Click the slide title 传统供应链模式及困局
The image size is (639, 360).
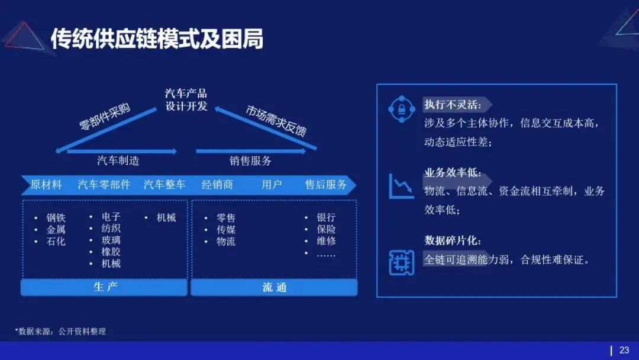point(157,39)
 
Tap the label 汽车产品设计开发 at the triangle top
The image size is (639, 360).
point(186,100)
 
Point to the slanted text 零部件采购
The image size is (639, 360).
point(105,117)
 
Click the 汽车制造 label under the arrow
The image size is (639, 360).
point(118,160)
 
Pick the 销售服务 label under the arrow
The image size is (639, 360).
point(250,160)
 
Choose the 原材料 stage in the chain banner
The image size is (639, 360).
point(46,185)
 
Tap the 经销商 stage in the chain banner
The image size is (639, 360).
point(217,185)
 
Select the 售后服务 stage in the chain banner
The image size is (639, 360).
point(326,185)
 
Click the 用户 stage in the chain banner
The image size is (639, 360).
point(272,185)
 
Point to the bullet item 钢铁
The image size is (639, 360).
point(56,218)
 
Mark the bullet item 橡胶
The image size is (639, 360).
point(111,252)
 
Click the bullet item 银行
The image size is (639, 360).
point(326,218)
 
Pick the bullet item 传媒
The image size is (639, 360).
point(226,230)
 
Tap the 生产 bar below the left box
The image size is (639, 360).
point(105,288)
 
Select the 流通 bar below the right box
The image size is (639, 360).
point(274,288)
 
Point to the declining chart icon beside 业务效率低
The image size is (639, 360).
point(401,186)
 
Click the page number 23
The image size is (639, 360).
point(624,351)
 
